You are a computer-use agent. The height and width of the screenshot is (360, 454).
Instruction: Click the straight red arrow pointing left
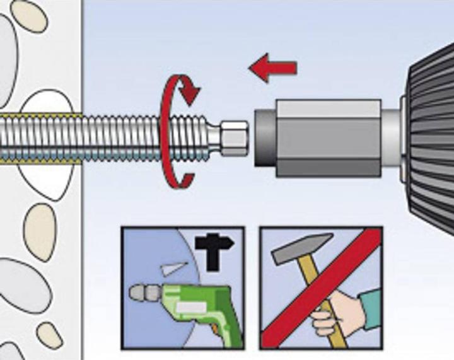click(x=272, y=67)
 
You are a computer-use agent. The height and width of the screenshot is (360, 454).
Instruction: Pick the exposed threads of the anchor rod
click(x=145, y=137)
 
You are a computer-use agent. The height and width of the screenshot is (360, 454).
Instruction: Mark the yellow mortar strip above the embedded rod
click(x=38, y=117)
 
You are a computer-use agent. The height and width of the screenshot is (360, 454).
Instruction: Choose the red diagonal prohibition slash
click(x=322, y=287)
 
